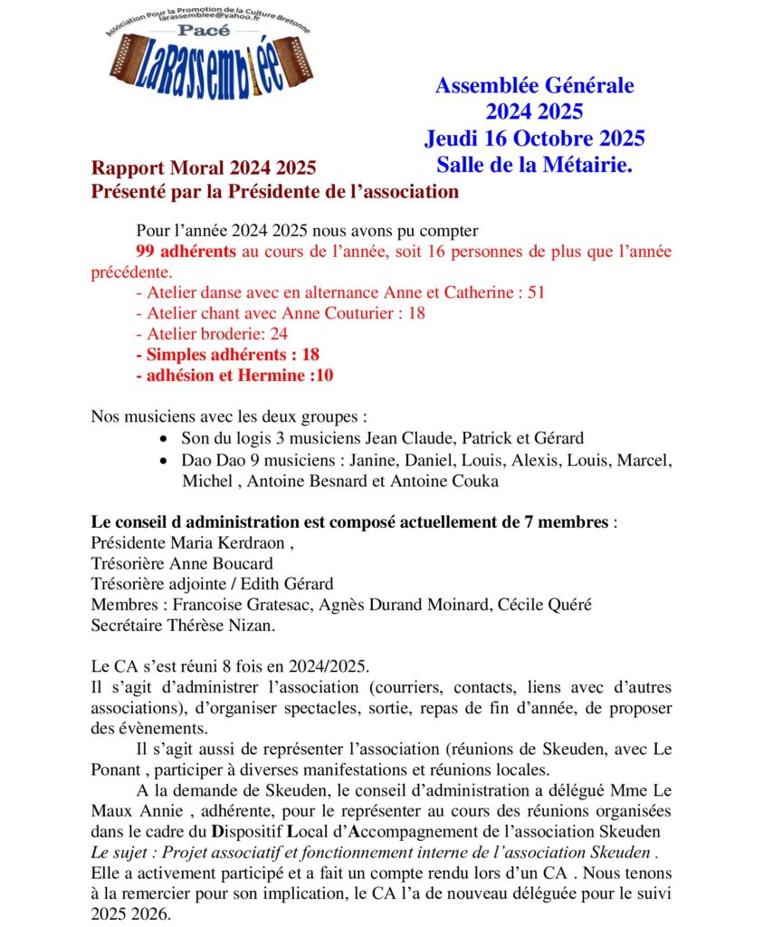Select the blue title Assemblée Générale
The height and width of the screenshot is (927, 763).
coord(534,86)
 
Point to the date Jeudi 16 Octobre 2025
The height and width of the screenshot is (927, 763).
coord(534,139)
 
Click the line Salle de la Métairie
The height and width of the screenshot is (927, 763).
coord(534,165)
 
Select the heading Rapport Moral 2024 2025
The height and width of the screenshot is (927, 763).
coord(203,168)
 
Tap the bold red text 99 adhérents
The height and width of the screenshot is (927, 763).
coord(186,251)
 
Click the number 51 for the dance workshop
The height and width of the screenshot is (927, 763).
coord(535,292)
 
